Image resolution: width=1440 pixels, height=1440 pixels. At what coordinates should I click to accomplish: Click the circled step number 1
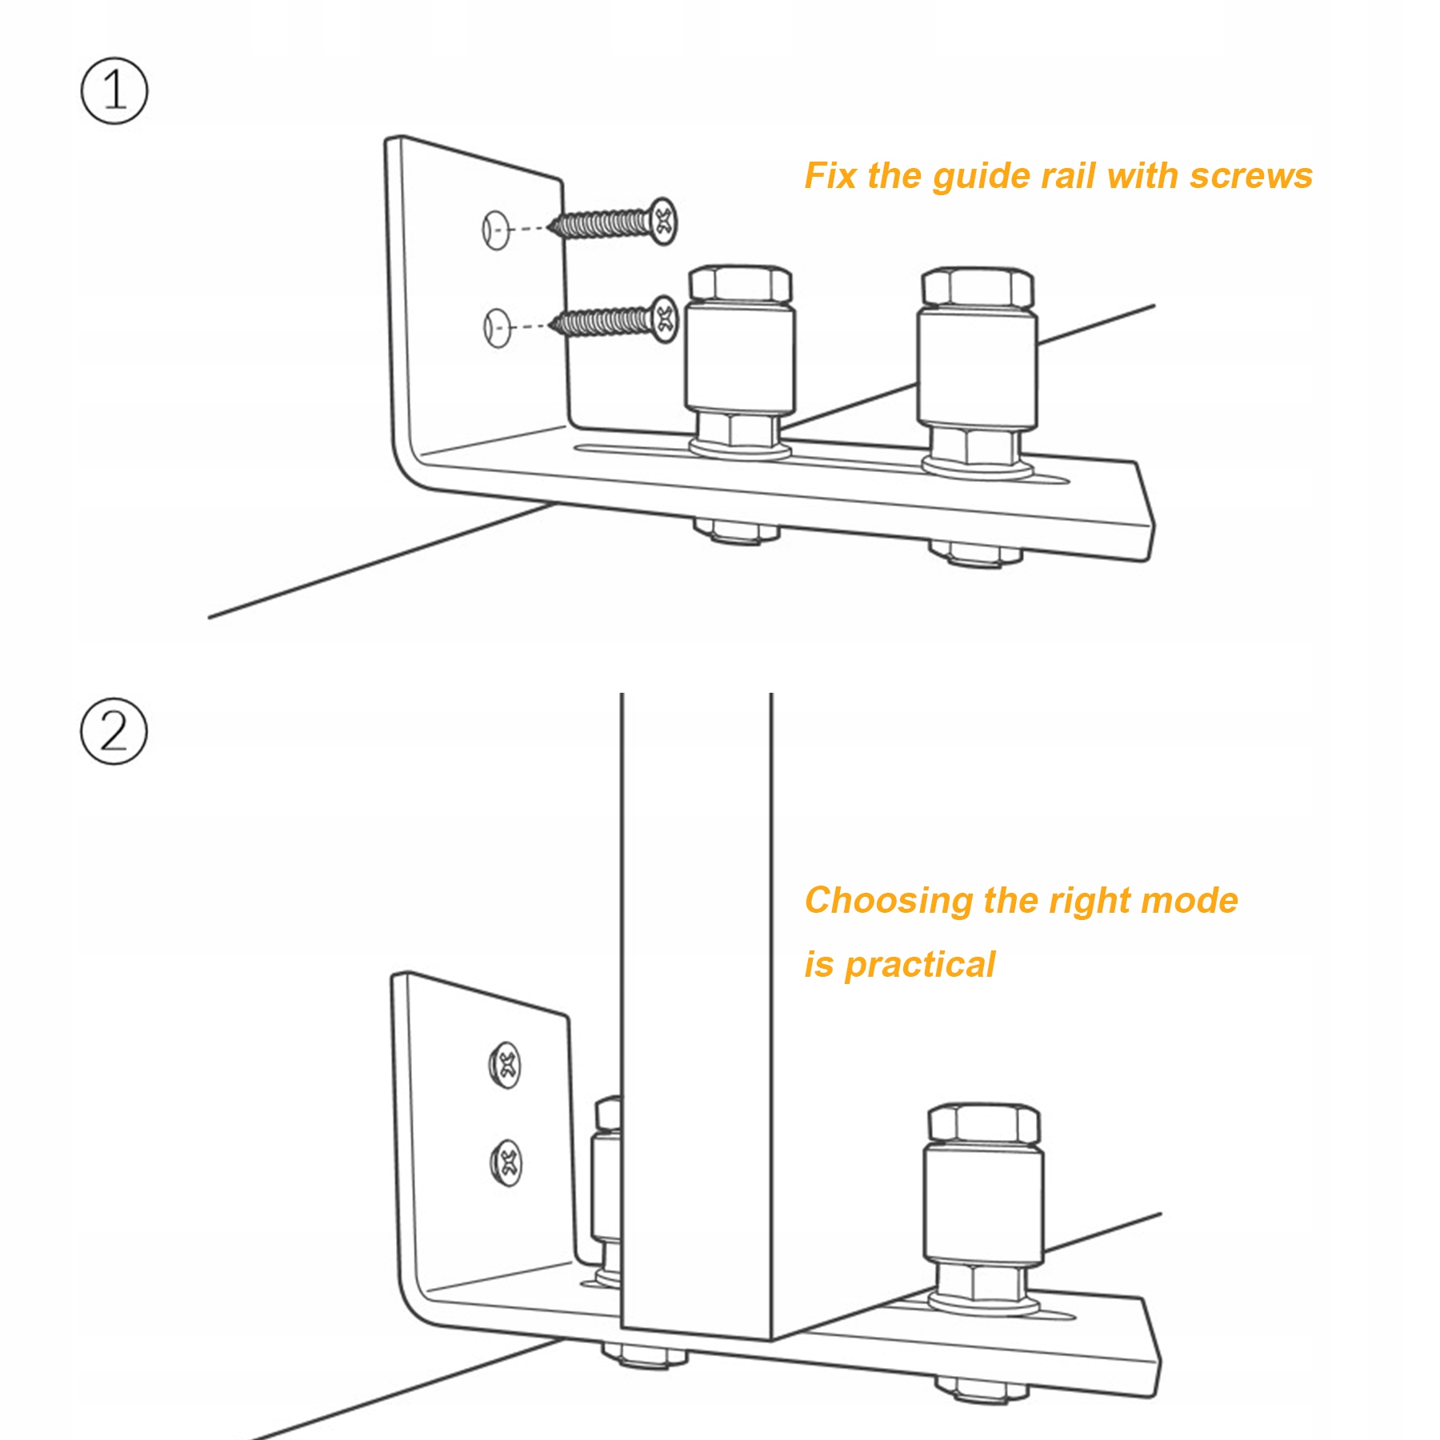tap(114, 90)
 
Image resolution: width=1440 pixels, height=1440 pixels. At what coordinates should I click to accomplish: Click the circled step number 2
tap(114, 731)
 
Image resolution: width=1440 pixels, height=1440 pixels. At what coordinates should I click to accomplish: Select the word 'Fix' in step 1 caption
tap(830, 175)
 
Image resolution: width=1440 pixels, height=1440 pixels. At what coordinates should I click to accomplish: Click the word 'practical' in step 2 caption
tap(920, 966)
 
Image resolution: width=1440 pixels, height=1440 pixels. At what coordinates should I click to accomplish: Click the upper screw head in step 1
tap(663, 221)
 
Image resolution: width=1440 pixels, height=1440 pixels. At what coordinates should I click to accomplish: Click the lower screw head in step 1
tap(663, 319)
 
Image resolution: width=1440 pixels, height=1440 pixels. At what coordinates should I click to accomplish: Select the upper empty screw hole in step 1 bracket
tap(495, 230)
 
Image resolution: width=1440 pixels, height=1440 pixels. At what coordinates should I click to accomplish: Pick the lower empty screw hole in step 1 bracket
tap(497, 327)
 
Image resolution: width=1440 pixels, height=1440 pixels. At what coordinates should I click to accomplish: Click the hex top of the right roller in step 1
tap(978, 287)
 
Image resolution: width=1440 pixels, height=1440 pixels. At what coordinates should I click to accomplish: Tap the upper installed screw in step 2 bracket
tap(505, 1066)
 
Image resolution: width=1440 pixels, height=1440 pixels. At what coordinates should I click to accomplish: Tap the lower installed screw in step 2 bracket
tap(506, 1162)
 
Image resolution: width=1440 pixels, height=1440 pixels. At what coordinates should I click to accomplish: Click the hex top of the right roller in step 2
tap(984, 1123)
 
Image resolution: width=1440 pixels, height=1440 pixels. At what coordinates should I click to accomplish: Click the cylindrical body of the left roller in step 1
tap(740, 357)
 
